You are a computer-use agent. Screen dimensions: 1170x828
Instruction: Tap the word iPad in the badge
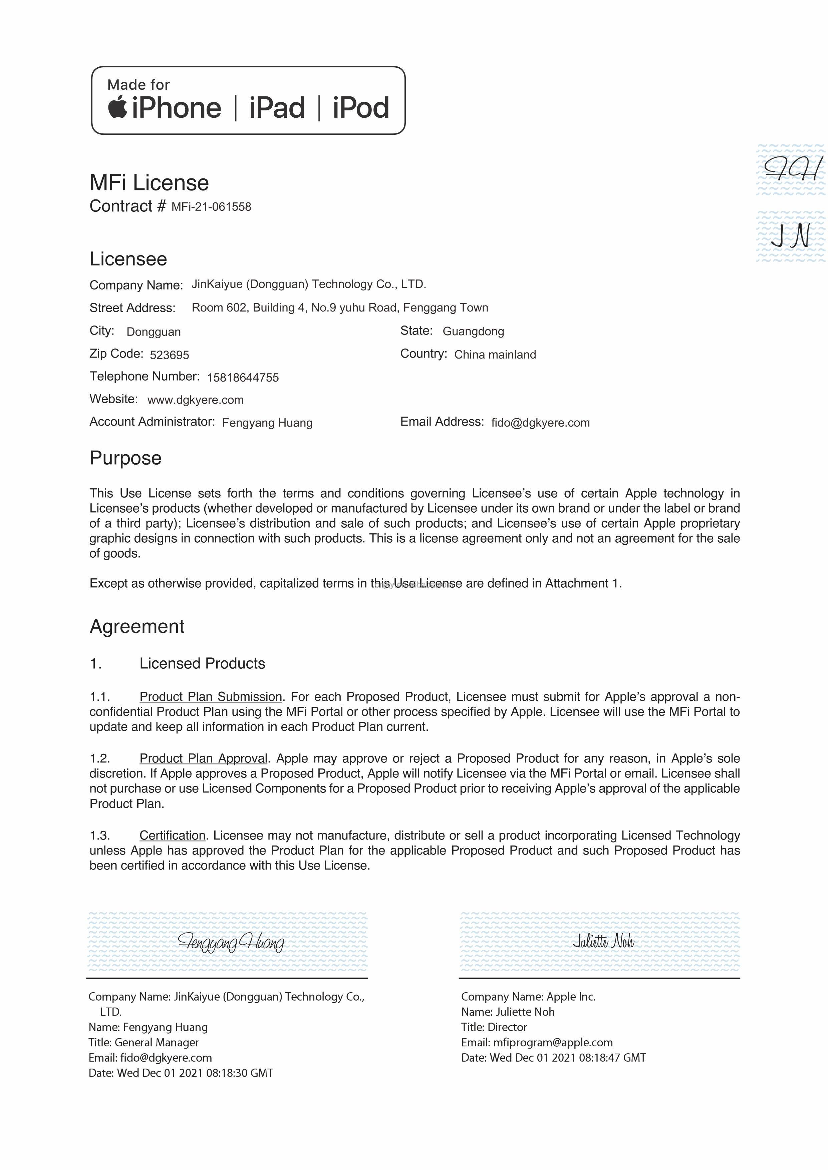pos(277,108)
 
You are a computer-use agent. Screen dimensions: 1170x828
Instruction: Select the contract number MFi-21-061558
pos(211,207)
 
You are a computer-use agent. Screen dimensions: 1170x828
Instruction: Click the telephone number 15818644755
pos(243,378)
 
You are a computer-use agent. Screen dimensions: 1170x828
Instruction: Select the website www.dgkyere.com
pos(195,400)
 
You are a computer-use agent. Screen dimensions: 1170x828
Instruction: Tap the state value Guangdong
pos(473,331)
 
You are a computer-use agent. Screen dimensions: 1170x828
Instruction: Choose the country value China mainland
pos(495,355)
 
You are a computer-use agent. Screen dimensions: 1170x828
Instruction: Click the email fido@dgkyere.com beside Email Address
pos(540,423)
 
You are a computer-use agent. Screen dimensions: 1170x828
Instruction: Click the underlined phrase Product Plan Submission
pos(211,697)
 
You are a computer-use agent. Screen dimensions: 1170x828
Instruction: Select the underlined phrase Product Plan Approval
pos(204,758)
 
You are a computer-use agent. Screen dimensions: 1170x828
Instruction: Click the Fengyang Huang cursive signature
pos(231,942)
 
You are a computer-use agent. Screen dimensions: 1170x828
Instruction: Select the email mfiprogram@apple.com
pos(553,1042)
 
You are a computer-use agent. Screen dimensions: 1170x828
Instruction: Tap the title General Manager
pos(157,1042)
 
